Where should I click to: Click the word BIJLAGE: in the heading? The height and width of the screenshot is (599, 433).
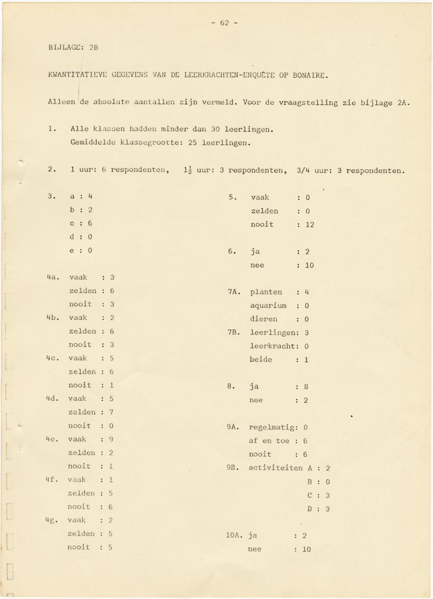[66, 48]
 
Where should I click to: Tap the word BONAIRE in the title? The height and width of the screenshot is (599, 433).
[310, 76]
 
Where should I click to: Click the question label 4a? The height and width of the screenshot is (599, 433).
[52, 278]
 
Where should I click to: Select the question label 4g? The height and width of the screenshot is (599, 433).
[52, 520]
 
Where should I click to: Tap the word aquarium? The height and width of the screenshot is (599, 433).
[268, 306]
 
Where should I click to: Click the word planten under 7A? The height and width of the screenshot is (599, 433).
[266, 292]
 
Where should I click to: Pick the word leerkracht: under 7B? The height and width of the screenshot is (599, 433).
[272, 346]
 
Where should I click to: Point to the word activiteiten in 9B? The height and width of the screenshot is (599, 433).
[276, 468]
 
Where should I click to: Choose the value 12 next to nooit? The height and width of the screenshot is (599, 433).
[310, 224]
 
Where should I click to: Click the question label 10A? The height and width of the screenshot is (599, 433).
[235, 535]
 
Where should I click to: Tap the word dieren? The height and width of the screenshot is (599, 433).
[263, 319]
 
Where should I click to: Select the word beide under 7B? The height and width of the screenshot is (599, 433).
[261, 360]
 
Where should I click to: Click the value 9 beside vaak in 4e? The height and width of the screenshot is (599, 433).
[111, 439]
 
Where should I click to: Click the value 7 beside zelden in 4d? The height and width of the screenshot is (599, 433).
[111, 412]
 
